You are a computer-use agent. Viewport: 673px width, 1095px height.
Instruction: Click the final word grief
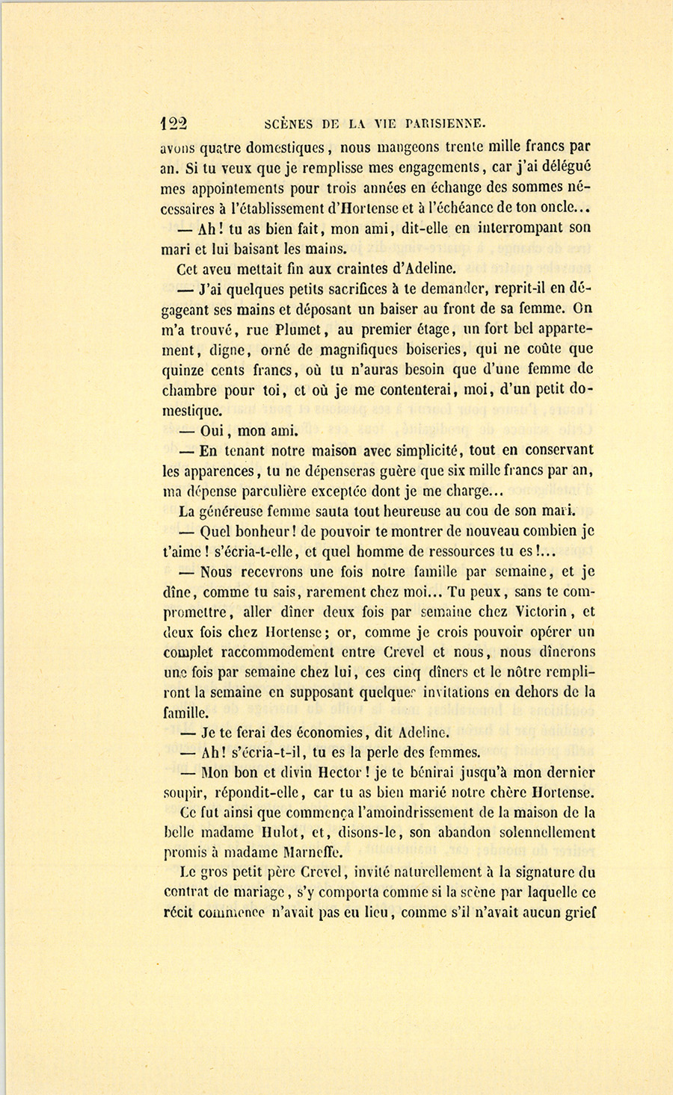coord(580,911)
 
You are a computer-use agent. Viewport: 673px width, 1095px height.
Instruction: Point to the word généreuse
coord(234,511)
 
